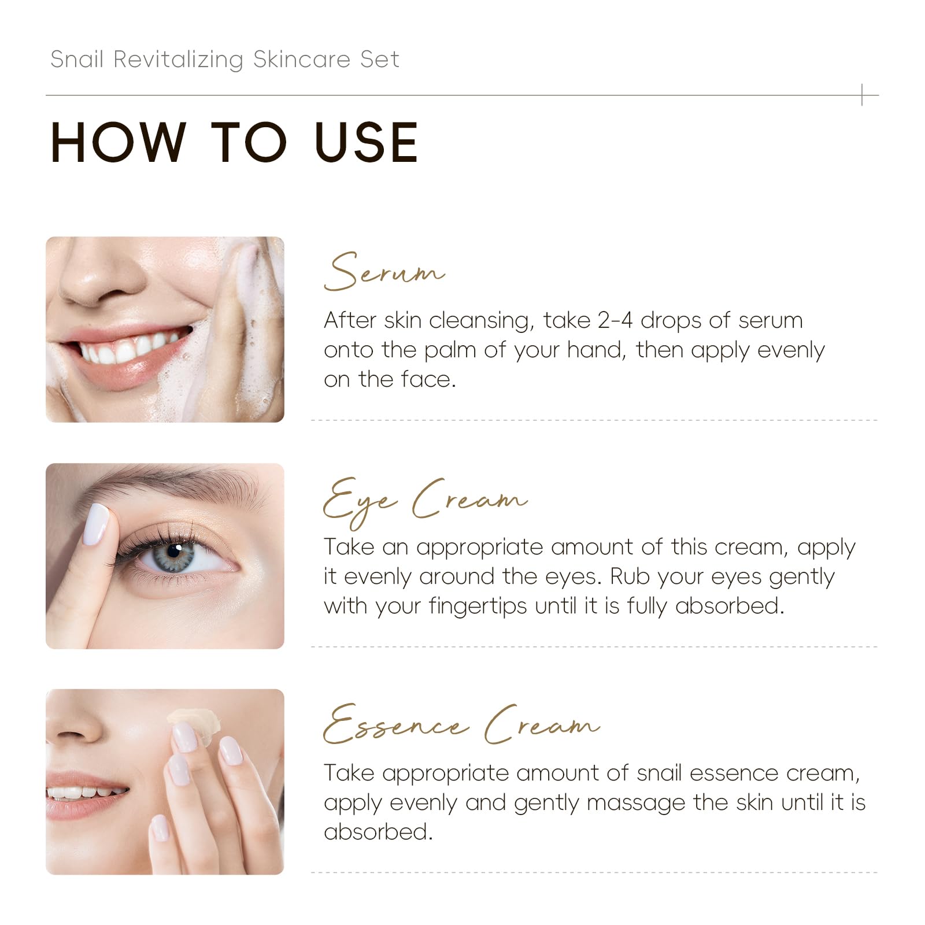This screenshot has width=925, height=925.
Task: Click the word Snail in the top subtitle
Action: point(77,59)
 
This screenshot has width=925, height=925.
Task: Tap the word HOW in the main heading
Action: point(118,142)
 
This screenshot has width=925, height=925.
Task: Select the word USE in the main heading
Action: point(367,142)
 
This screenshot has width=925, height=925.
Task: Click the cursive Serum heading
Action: point(384,272)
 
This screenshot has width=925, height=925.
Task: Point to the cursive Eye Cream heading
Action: point(425,501)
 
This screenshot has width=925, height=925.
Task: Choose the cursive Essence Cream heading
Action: point(461,724)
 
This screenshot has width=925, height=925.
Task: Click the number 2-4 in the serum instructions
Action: point(615,320)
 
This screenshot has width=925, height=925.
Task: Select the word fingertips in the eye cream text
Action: point(478,606)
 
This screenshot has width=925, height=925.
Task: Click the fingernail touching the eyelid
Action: point(97,524)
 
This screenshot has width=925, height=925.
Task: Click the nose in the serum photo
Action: point(101,272)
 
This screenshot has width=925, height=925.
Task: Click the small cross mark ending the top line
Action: point(862,95)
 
